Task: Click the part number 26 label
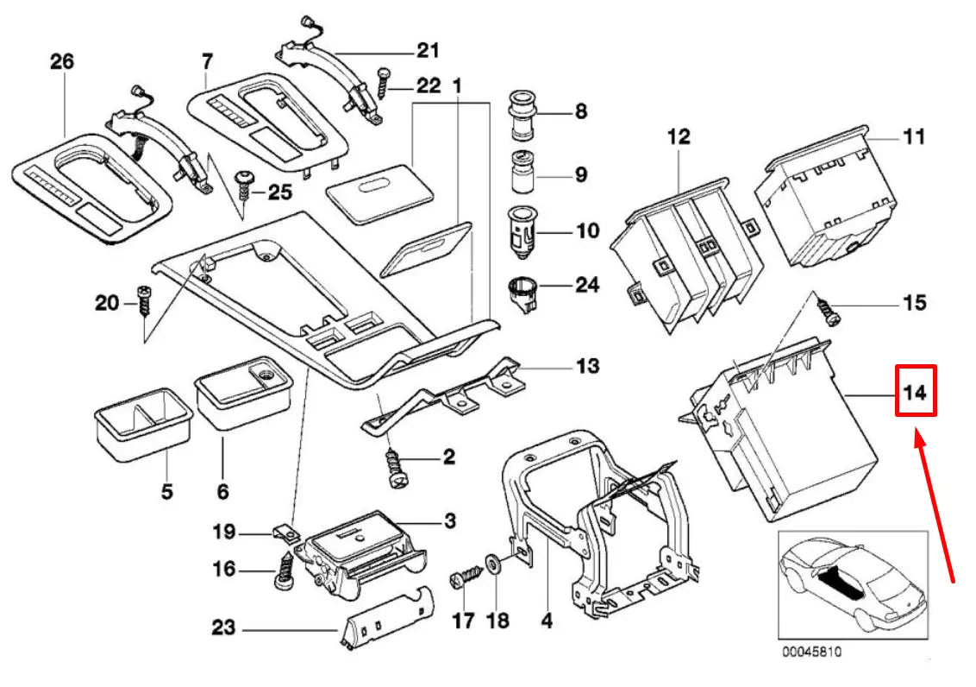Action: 62,61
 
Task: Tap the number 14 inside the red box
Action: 915,393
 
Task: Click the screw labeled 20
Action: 144,304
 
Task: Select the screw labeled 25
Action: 244,183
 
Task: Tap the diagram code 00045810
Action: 811,652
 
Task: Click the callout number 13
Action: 587,366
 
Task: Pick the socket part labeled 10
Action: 523,234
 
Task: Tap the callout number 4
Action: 547,620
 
